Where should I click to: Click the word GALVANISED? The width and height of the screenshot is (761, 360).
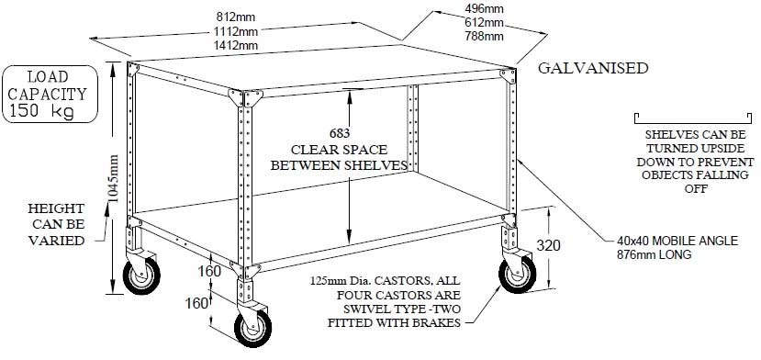[x=593, y=69]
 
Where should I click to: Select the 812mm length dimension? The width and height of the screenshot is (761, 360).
[x=237, y=17]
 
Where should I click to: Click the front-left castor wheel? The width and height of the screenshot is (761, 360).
[x=142, y=276]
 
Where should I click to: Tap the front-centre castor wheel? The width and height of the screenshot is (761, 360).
[x=250, y=329]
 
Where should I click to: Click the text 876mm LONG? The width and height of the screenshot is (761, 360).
[x=654, y=253]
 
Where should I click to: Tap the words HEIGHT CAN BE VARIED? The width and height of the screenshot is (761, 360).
[x=56, y=224]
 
